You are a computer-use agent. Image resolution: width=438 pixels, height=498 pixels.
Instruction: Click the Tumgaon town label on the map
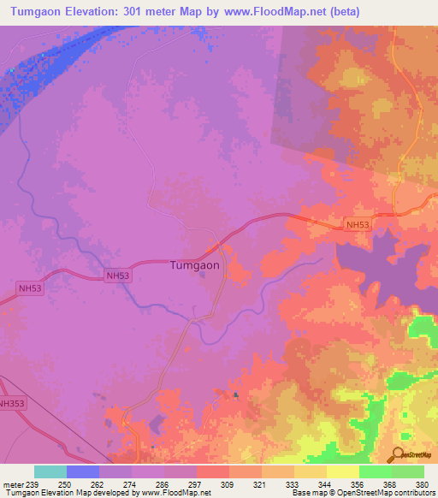194,265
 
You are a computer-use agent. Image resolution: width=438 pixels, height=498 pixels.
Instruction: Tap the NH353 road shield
12,403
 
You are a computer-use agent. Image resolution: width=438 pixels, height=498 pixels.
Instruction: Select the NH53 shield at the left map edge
29,289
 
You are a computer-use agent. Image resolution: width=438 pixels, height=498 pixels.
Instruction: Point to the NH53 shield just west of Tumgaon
118,276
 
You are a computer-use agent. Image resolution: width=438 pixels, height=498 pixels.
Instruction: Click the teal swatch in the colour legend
50,471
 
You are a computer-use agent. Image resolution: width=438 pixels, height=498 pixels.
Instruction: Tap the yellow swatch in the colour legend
342,471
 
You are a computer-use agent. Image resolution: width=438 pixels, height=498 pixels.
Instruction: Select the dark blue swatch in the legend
83,471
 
